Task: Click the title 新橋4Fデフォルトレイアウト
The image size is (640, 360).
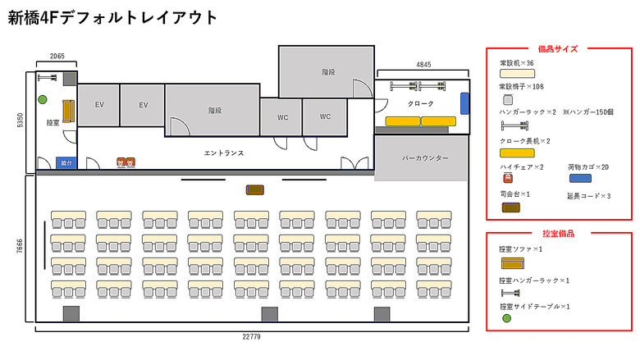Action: point(113,17)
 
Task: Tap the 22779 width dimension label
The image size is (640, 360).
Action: point(252,336)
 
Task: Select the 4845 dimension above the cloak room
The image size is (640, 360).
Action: point(423,64)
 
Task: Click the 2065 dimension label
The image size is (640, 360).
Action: point(57,57)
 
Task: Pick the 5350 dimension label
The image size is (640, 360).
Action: point(21,121)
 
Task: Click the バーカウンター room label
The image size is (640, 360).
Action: point(424,157)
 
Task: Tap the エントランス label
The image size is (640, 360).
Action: point(224,153)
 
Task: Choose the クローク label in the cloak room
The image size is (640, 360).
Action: point(421,104)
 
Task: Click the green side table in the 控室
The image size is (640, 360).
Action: point(42,100)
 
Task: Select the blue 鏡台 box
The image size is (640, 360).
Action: point(66,162)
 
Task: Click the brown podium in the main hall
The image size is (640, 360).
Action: point(255,190)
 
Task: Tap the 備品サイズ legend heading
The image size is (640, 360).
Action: point(558,48)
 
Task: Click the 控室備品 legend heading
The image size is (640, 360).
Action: point(558,234)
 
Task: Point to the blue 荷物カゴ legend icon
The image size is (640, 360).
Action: point(580,178)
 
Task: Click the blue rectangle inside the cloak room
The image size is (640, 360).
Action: point(464,103)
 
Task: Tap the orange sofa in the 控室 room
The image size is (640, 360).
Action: point(66,110)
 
